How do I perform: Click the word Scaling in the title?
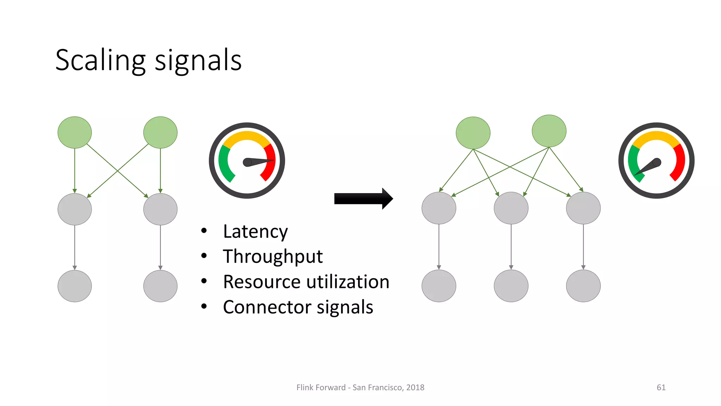pos(100,61)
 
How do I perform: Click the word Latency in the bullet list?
pos(255,232)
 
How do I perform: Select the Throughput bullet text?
pos(272,257)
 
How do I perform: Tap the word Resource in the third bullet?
pos(262,282)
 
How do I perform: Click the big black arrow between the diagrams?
pos(363,199)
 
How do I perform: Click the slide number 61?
pos(661,387)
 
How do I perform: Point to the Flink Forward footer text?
pos(321,387)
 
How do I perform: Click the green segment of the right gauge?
pos(634,162)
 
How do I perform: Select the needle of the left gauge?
pos(259,162)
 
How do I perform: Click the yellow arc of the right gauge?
pos(656,136)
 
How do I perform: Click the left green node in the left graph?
pos(75,133)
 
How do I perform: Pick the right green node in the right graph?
pos(549,131)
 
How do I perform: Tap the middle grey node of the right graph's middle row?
pos(511,208)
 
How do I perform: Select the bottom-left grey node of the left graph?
pos(75,286)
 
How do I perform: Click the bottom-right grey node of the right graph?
pos(583,286)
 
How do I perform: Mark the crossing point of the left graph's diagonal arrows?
pos(118,171)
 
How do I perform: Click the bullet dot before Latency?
pos(204,231)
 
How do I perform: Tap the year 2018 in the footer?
pos(415,387)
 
